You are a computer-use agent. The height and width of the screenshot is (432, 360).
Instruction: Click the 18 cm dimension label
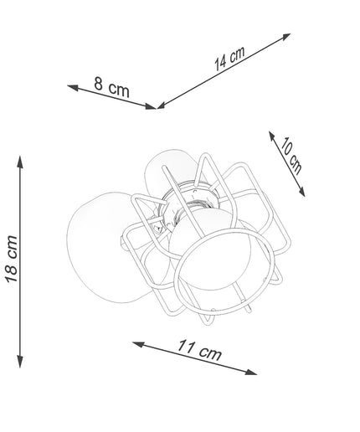11,260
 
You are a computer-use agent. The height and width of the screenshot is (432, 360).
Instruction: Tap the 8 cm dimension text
111,87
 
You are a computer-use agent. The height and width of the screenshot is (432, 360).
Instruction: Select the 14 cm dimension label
229,59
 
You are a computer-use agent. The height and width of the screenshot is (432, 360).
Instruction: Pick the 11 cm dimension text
199,350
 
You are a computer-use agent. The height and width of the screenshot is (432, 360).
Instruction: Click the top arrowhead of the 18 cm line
20,162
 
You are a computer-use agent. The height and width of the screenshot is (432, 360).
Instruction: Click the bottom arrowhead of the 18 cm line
20,362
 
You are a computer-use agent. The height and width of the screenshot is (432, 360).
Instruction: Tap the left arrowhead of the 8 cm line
73,88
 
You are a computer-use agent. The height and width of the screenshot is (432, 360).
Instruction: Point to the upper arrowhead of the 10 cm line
272,136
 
